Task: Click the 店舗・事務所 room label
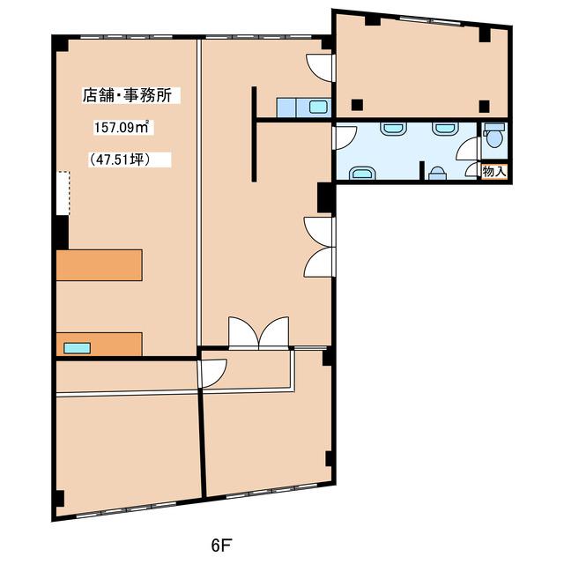[x=127, y=96]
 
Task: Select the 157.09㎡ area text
[x=122, y=127]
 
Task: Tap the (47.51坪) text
[x=120, y=160]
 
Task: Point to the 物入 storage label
[x=494, y=172]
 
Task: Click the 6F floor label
[x=221, y=545]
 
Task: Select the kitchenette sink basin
[x=319, y=108]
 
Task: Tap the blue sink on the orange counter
[x=77, y=348]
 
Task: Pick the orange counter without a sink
[x=100, y=265]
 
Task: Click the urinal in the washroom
[x=438, y=174]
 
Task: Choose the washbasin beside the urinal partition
[x=362, y=173]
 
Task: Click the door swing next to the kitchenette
[x=319, y=68]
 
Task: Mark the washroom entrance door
[x=345, y=137]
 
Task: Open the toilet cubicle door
[x=469, y=149]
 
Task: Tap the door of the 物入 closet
[x=473, y=170]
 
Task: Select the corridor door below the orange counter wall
[x=213, y=373]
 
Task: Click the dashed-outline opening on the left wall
[x=63, y=193]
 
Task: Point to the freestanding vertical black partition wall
[x=254, y=134]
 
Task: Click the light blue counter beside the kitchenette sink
[x=286, y=108]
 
